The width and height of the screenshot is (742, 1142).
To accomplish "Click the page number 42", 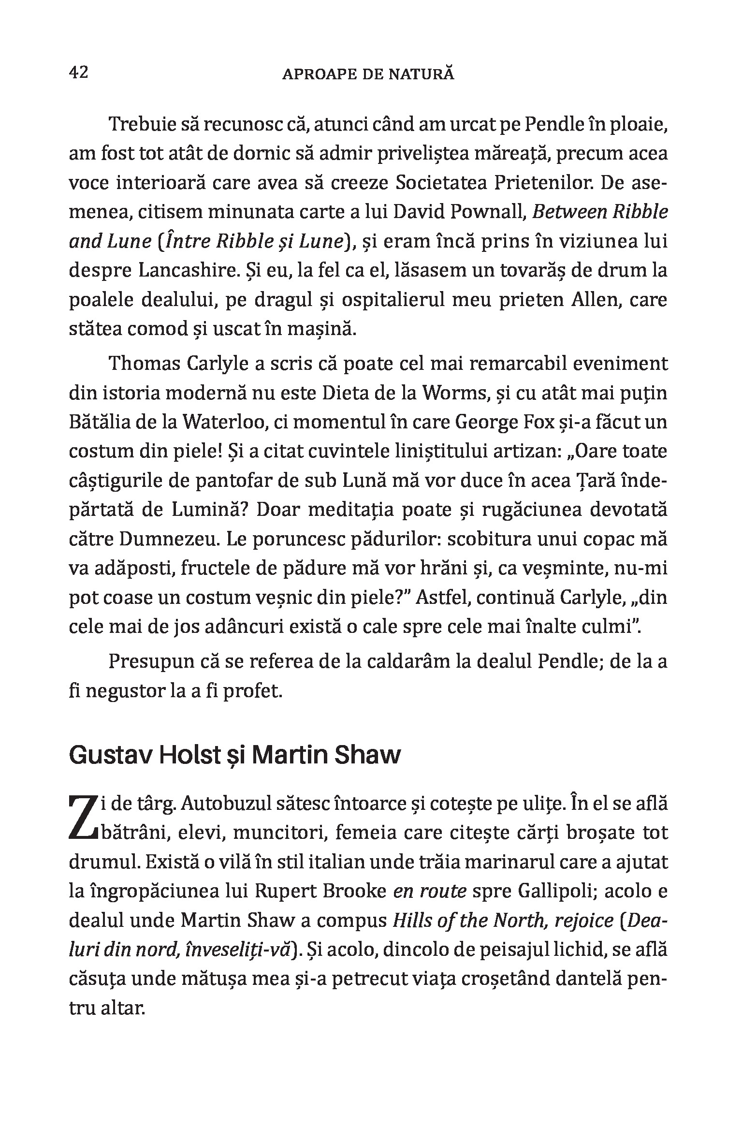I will (79, 73).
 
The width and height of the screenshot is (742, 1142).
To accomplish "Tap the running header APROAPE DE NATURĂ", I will (368, 74).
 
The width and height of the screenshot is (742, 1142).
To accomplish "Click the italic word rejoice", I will (584, 921).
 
